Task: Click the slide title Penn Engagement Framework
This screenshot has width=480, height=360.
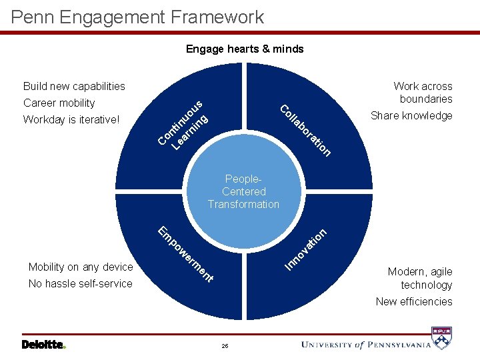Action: (138, 17)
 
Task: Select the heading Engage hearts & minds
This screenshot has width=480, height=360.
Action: (245, 49)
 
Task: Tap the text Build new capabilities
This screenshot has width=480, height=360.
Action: (74, 86)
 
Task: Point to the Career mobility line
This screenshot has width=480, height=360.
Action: (59, 103)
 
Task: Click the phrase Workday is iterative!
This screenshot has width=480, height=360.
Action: (71, 120)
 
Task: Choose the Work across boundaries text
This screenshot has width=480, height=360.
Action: (423, 92)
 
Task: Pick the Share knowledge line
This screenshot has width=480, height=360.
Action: (411, 115)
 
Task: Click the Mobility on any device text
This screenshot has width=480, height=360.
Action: (81, 267)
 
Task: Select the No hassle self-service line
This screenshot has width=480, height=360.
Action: (81, 283)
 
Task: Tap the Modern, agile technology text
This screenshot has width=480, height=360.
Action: (420, 278)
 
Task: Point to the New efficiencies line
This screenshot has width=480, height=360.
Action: (414, 301)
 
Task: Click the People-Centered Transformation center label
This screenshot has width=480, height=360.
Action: (243, 191)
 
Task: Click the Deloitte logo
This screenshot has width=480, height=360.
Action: (44, 344)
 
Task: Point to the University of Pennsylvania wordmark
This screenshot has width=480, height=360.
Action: (365, 344)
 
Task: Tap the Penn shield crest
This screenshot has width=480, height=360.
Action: (442, 338)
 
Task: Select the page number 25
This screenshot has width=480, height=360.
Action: (225, 346)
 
